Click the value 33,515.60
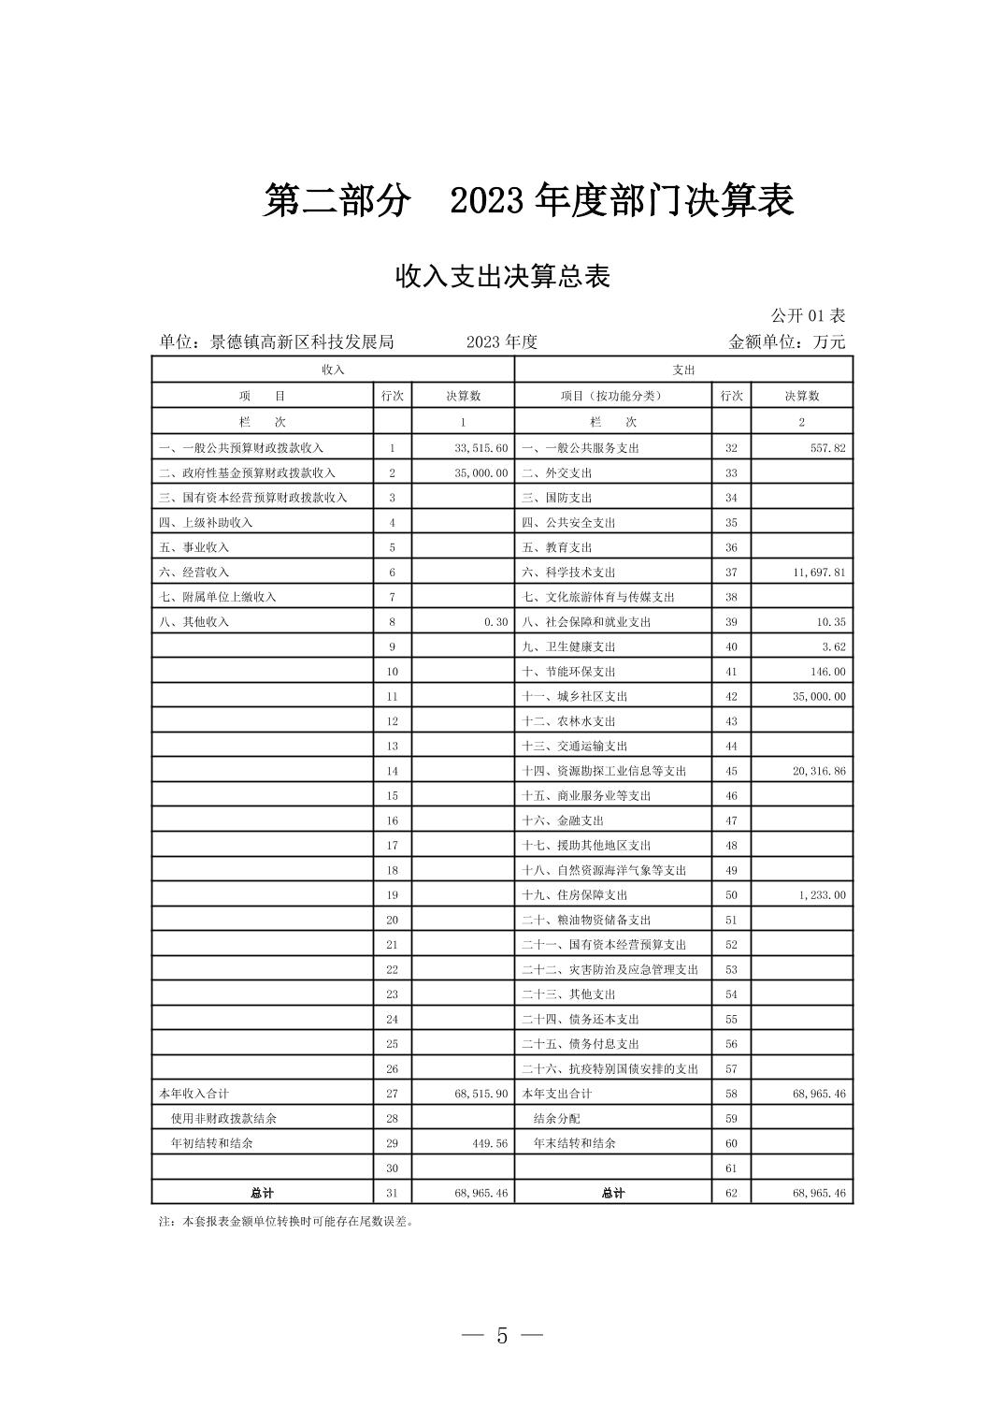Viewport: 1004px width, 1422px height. pyautogui.click(x=481, y=448)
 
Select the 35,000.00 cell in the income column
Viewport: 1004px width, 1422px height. pyautogui.click(x=481, y=473)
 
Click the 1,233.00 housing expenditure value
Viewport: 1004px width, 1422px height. pyautogui.click(x=822, y=895)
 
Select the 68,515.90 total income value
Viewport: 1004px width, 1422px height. pyautogui.click(x=481, y=1094)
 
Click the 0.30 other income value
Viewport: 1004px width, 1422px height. pyautogui.click(x=495, y=622)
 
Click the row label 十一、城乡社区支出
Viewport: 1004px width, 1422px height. pyautogui.click(x=574, y=697)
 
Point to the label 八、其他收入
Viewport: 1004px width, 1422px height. pyautogui.click(x=194, y=622)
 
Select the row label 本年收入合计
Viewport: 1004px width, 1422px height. pyautogui.click(x=194, y=1094)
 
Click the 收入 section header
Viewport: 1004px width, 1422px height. pyautogui.click(x=333, y=370)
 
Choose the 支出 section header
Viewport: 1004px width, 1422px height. pyautogui.click(x=683, y=370)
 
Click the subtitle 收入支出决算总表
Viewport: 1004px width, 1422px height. pyautogui.click(x=502, y=277)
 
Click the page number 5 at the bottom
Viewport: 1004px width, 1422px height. pyautogui.click(x=502, y=1336)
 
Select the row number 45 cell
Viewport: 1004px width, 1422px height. pyautogui.click(x=731, y=771)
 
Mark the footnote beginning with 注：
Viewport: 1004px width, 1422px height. pyautogui.click(x=286, y=1221)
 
